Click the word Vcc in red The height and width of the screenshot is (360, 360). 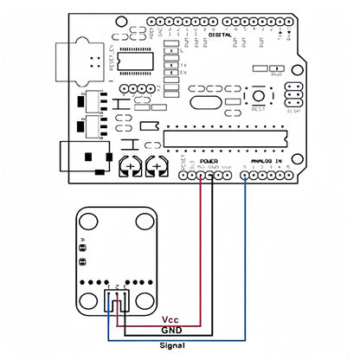click(x=170, y=319)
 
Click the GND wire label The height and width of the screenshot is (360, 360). click(x=171, y=331)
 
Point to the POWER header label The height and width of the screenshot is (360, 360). click(x=209, y=161)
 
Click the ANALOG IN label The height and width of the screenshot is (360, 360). click(x=264, y=161)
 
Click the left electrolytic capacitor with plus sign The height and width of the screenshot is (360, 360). click(x=131, y=164)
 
